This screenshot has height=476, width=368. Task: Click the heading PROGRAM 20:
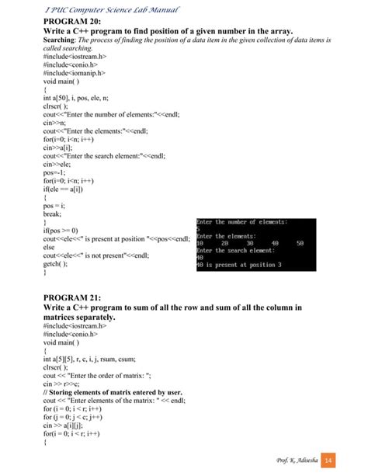[71, 22]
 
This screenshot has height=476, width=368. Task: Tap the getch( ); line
[59, 264]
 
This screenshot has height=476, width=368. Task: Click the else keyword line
[50, 247]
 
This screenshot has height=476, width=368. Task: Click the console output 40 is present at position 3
[238, 265]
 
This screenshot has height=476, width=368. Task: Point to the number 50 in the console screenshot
[300, 243]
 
